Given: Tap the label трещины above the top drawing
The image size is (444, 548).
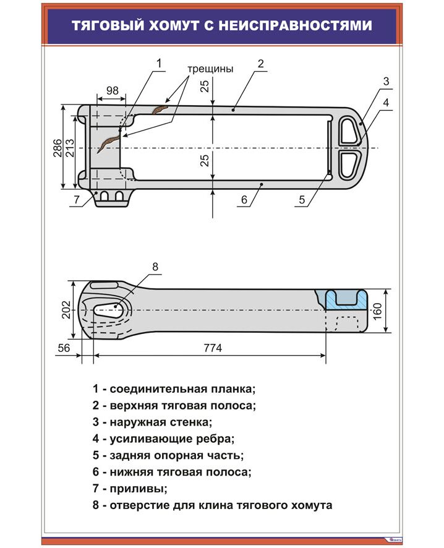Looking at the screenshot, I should [210, 69].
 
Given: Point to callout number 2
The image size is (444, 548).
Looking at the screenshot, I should [261, 63].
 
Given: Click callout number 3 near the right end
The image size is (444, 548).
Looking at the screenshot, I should [385, 81].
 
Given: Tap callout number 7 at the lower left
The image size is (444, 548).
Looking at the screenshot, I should [76, 199].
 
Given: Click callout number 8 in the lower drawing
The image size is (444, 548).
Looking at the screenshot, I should [155, 267].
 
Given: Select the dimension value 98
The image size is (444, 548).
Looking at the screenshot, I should [111, 90].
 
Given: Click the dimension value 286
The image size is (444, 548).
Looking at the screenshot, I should [56, 148].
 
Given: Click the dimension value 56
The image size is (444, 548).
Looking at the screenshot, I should [63, 348].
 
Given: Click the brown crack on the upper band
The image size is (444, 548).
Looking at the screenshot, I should [160, 109].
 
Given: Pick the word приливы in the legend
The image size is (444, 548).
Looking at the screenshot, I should [139, 489].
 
